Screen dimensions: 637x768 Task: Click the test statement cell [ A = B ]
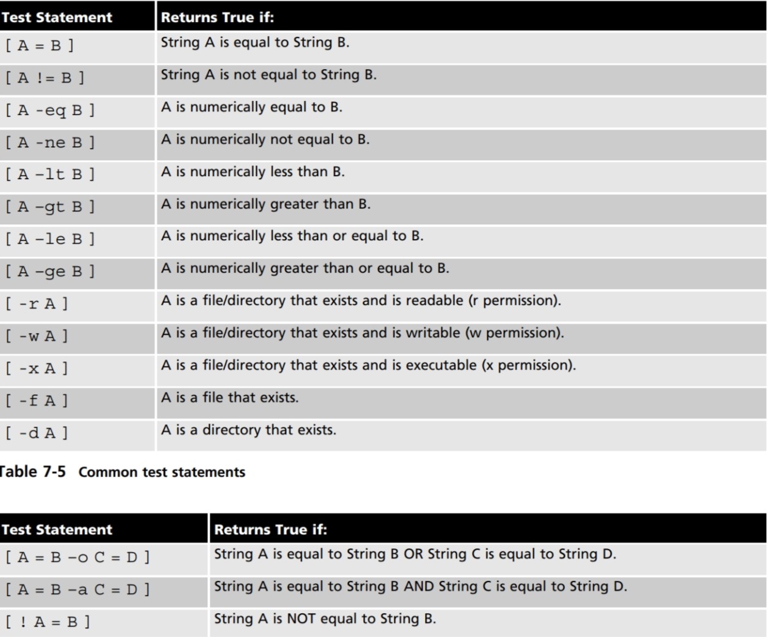[40, 46]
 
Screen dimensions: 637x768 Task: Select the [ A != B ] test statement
[45, 78]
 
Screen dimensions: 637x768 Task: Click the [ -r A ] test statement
[37, 304]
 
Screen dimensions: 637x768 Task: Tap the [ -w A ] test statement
[37, 336]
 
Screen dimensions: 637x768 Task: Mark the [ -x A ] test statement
[37, 369]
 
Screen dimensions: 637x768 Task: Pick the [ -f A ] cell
[37, 401]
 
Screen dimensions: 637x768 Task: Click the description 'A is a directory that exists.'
[248, 430]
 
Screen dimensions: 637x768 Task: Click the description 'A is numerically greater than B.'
[265, 204]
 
